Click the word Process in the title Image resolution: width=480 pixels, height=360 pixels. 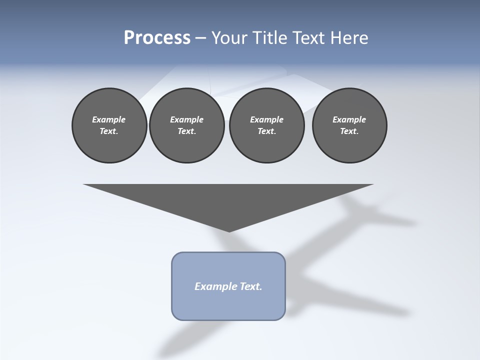[x=157, y=38]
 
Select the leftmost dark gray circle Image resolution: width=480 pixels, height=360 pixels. [x=109, y=125]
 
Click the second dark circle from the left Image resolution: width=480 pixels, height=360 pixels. [x=186, y=125]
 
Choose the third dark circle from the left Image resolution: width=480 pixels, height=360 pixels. [x=266, y=125]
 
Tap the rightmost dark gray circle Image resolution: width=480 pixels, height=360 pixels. [x=349, y=125]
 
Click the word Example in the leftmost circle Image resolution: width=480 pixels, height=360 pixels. [x=109, y=119]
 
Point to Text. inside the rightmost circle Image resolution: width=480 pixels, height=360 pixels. [x=349, y=131]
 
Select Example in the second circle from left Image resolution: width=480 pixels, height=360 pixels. [x=186, y=119]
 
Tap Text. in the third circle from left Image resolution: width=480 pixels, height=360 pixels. [x=266, y=131]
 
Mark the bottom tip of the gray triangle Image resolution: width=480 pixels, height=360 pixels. [x=228, y=231]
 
